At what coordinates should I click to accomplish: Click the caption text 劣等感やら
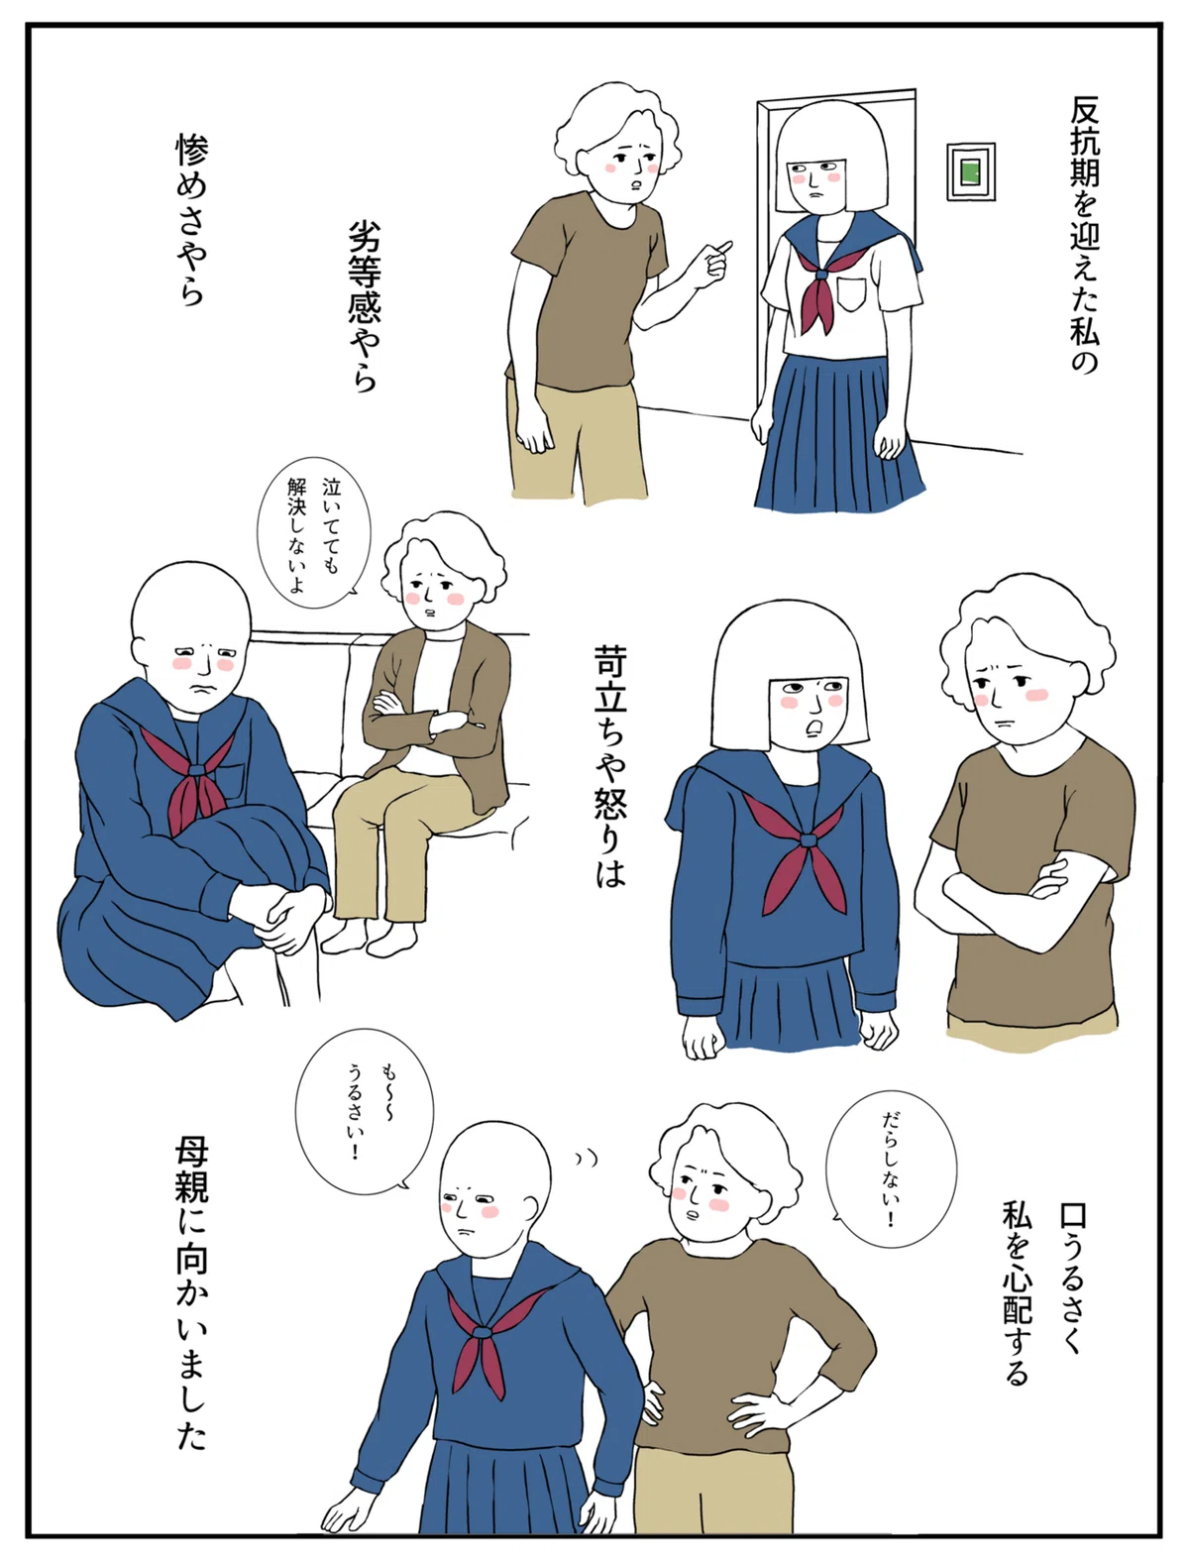364,306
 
